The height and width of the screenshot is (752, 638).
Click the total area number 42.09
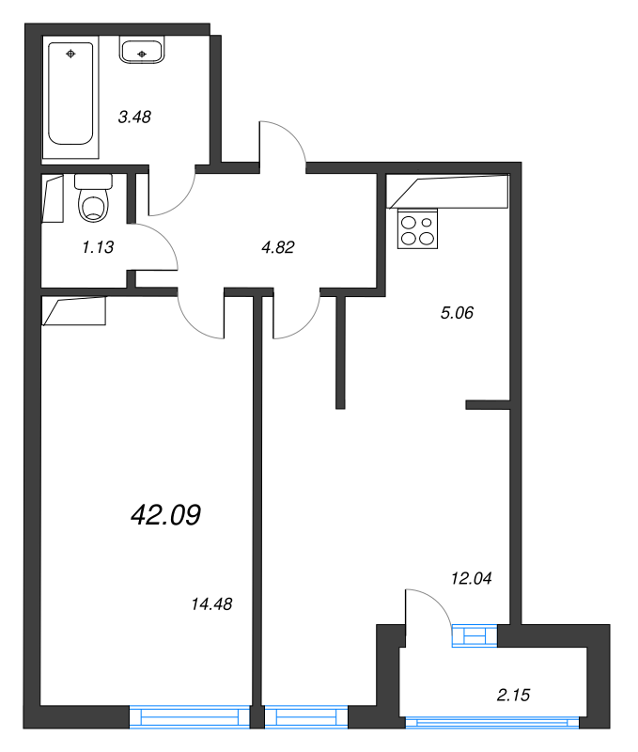pyautogui.click(x=164, y=514)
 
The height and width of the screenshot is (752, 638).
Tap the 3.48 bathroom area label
pyautogui.click(x=134, y=117)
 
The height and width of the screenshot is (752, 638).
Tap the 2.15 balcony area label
pyautogui.click(x=515, y=696)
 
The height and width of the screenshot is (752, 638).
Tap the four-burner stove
pyautogui.click(x=418, y=230)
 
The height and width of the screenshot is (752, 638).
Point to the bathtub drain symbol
pyautogui.click(x=71, y=54)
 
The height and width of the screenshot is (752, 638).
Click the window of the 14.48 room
pyautogui.click(x=190, y=718)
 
